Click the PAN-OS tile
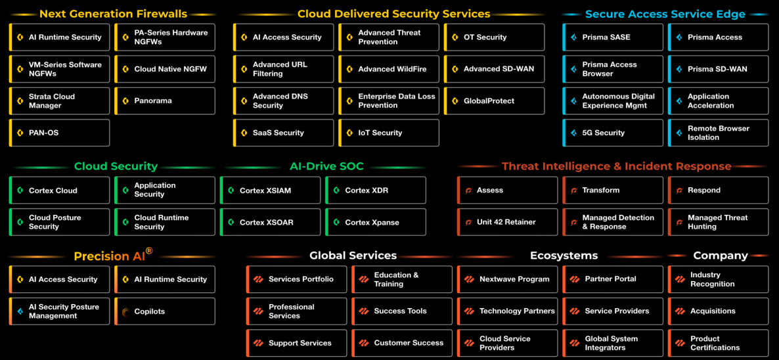point(59,133)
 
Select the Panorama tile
point(165,101)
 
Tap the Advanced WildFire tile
point(389,69)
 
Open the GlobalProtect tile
point(494,101)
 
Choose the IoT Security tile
point(389,133)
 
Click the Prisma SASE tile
point(613,37)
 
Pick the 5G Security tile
point(613,133)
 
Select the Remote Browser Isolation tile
point(718,133)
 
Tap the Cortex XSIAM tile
point(270,191)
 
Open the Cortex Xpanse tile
point(376,223)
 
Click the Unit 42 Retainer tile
point(507,222)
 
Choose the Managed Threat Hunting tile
point(718,222)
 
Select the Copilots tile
point(165,311)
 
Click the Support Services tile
point(296,343)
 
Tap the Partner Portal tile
point(613,279)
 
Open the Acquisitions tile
point(718,311)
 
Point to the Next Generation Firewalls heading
point(113,14)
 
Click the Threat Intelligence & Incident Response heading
point(616,166)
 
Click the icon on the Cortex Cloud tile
point(20,191)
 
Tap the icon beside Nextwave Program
point(469,279)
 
